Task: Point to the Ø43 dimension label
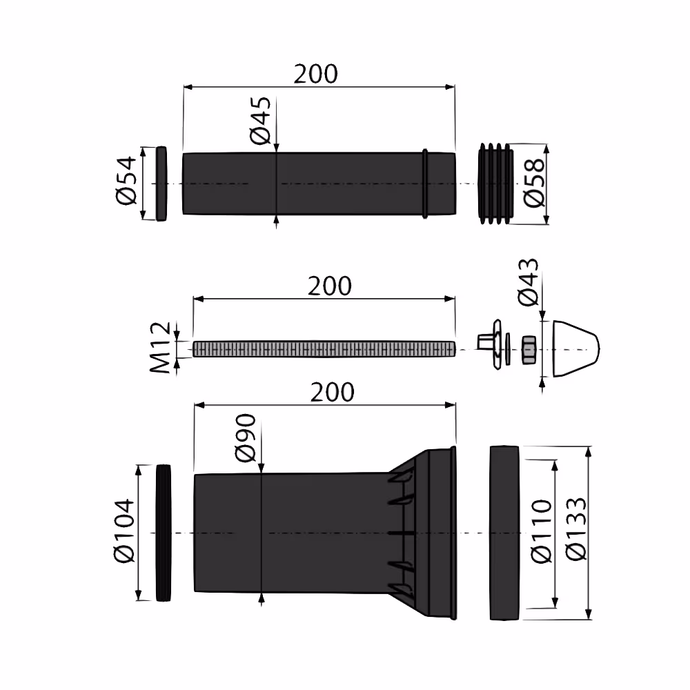pyautogui.click(x=529, y=282)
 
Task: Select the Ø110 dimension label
pyautogui.click(x=542, y=531)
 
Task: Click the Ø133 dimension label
pyautogui.click(x=575, y=531)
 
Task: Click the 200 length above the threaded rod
pyautogui.click(x=329, y=286)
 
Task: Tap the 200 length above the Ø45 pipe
pyautogui.click(x=316, y=74)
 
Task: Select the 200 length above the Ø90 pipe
pyautogui.click(x=332, y=392)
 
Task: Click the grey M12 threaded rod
pyautogui.click(x=324, y=348)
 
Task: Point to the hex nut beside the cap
pyautogui.click(x=529, y=348)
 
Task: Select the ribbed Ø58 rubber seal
pyautogui.click(x=495, y=184)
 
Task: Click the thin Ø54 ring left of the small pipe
pyautogui.click(x=161, y=184)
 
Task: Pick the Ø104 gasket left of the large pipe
pyautogui.click(x=164, y=533)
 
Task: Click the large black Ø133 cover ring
pyautogui.click(x=504, y=532)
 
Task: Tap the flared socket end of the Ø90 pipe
pyautogui.click(x=428, y=532)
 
